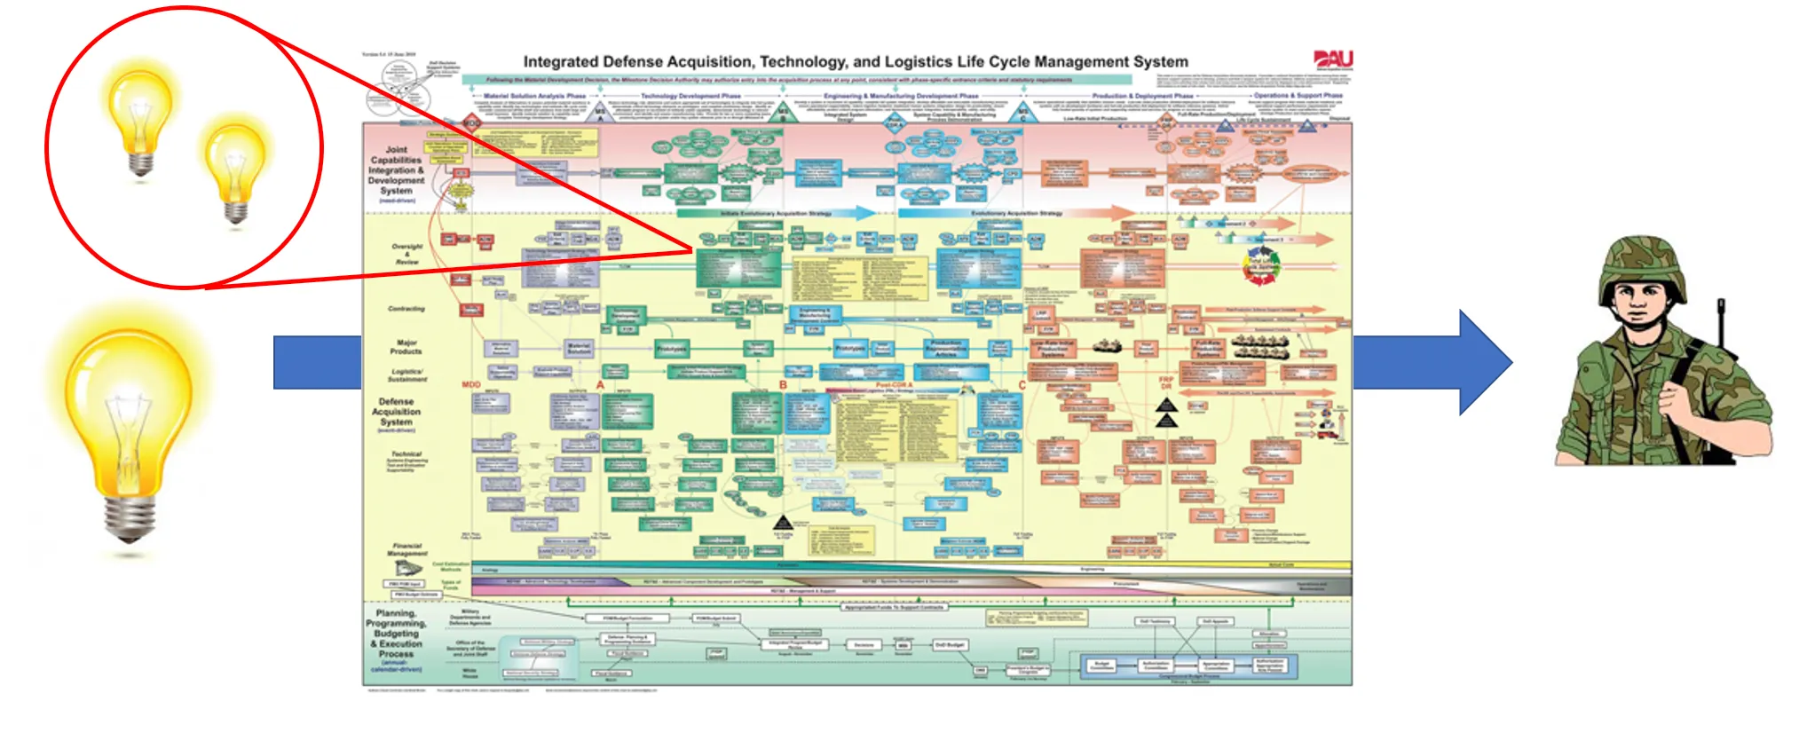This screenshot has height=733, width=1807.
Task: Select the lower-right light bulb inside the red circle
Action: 235,168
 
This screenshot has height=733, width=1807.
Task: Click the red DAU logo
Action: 1333,59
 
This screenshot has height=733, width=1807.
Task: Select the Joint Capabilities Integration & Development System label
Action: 396,171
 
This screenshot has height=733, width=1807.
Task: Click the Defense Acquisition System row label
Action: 396,413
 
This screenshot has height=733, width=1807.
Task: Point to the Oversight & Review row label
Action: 407,254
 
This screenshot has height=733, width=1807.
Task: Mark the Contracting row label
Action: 406,309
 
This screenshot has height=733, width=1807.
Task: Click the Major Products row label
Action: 406,347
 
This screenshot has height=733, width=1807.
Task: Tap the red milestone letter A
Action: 601,385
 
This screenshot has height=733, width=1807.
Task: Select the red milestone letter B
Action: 783,385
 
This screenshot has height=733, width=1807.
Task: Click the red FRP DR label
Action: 1166,382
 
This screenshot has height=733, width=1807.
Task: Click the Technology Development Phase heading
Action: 690,96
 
